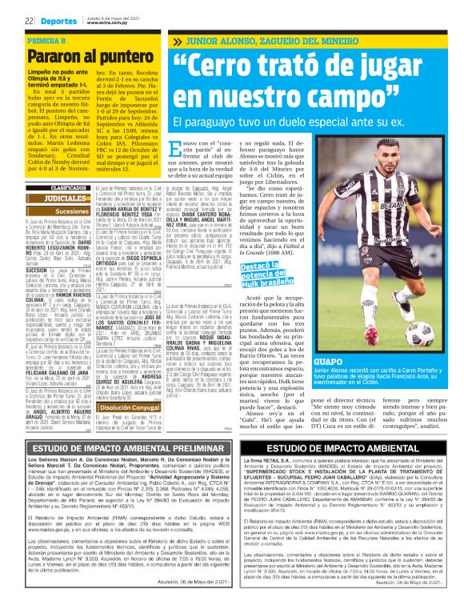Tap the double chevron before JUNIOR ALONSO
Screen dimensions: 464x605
(178, 40)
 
